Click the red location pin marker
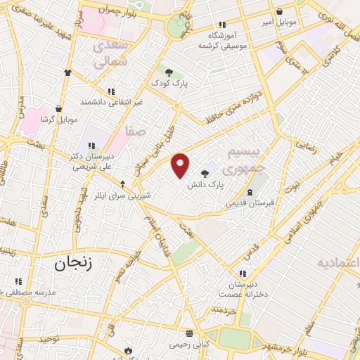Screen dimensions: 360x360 (x=181, y=165)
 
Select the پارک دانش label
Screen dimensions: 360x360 (x=205, y=185)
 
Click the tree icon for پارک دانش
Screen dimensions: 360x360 (x=205, y=173)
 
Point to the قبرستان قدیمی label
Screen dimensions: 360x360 (x=249, y=203)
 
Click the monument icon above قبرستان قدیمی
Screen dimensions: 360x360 (x=249, y=192)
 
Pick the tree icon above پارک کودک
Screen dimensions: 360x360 (x=168, y=70)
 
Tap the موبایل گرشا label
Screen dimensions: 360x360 (x=57, y=120)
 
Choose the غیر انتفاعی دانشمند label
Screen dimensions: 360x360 (x=111, y=102)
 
